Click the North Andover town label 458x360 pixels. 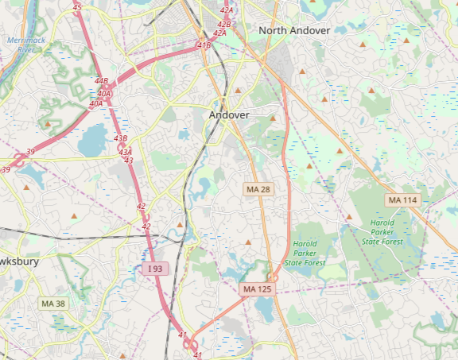coord(294,30)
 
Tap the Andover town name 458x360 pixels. coord(229,115)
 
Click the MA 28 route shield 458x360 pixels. coord(258,189)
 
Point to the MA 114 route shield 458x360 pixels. coord(402,200)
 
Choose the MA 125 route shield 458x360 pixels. coord(258,289)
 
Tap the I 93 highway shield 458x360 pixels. coord(155,269)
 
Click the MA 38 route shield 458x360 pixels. coord(53,304)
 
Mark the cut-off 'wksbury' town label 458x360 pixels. coord(16,261)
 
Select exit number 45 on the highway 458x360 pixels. coord(76,7)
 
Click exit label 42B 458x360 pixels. coord(223,25)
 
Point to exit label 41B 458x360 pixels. coord(204,45)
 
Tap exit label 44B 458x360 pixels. coord(101,81)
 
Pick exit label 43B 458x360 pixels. coord(120,138)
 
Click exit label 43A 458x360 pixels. coord(125,152)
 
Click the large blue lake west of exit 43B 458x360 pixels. coord(93,141)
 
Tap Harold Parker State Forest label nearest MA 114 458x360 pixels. coord(382,232)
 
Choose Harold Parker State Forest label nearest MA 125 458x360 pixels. coord(305,253)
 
